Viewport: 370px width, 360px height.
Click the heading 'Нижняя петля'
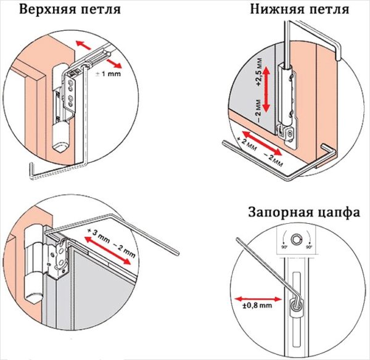[x=299, y=10]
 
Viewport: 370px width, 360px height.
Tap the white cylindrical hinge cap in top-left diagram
[x=60, y=136]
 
